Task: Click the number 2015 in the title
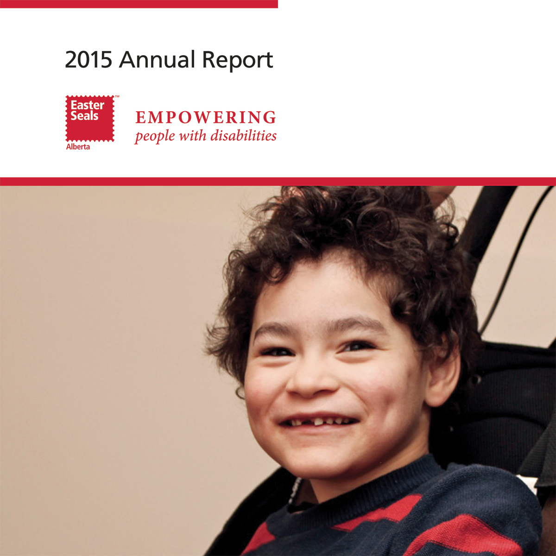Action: tap(88, 59)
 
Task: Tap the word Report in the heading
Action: tap(238, 60)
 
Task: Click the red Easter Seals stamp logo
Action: tap(90, 119)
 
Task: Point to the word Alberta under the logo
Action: tap(78, 147)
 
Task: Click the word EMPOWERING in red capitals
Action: tap(206, 117)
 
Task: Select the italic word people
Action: tap(154, 137)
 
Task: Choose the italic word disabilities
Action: tap(244, 135)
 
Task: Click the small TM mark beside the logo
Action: tap(117, 96)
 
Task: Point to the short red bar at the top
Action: tap(139, 4)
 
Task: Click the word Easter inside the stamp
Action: tap(87, 105)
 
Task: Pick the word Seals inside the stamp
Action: tap(84, 116)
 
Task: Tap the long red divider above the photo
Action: tap(278, 182)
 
